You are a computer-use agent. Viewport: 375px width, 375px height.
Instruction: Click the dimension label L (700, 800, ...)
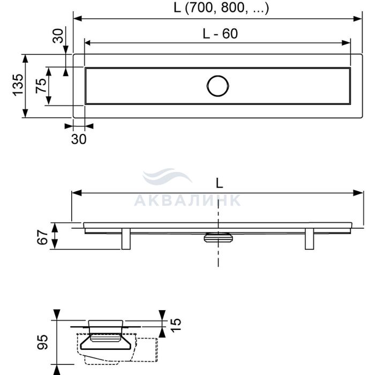[x=221, y=7]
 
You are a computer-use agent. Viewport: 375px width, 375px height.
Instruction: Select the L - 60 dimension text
[x=220, y=34]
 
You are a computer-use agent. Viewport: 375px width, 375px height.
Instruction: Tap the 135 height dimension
[x=18, y=85]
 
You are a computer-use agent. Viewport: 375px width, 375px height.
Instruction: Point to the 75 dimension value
[x=41, y=85]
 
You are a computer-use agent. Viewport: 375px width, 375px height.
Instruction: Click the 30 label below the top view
[x=79, y=139]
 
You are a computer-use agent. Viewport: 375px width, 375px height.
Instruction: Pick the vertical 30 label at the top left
[x=58, y=36]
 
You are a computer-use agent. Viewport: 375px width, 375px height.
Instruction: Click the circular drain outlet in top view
[x=217, y=86]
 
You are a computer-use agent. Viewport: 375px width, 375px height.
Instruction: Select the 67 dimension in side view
[x=42, y=237]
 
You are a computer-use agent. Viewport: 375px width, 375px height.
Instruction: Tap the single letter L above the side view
[x=219, y=183]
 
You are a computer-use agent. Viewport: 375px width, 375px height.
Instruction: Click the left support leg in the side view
[x=126, y=239]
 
